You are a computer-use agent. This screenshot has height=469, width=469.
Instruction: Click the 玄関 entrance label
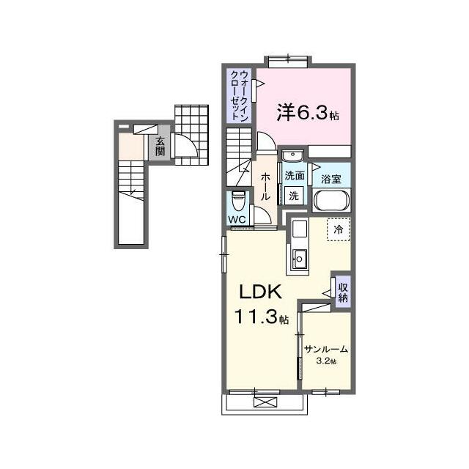[160, 147]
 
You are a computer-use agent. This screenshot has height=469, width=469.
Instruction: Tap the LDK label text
[261, 292]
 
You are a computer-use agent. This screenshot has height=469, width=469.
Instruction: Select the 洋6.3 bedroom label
[307, 113]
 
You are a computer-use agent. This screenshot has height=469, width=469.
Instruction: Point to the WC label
[237, 220]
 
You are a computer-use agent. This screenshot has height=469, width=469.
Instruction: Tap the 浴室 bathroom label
[331, 179]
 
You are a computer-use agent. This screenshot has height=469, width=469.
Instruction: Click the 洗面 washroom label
[295, 176]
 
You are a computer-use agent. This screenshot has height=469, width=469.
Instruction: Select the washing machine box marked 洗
[294, 196]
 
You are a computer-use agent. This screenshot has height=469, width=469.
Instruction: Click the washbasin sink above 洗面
[292, 155]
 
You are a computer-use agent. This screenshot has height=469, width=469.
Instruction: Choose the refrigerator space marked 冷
[339, 229]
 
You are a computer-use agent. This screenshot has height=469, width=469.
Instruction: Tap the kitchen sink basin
[299, 259]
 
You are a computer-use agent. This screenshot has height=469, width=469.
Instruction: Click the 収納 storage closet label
[343, 292]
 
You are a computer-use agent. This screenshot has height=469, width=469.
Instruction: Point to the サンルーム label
[326, 349]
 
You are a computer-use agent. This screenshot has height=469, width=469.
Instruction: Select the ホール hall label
[265, 187]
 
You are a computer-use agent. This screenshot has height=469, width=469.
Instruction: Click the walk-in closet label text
[240, 96]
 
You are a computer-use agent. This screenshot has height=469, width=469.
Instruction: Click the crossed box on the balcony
[265, 402]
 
